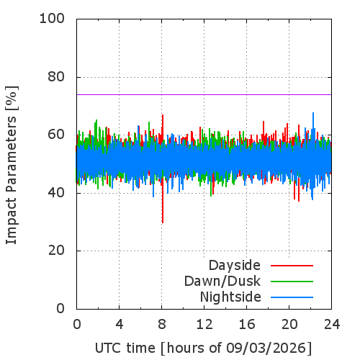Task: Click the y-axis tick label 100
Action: pos(52,19)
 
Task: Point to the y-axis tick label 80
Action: pos(56,77)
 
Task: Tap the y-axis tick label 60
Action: pos(56,135)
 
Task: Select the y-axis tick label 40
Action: pos(56,193)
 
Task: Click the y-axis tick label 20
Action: pos(56,251)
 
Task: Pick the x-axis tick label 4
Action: pos(120,325)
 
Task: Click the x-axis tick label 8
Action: pos(162,325)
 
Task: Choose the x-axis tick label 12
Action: pos(204,325)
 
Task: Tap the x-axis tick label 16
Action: pos(247,325)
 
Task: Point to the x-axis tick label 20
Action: pos(289,325)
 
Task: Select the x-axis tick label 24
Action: pos(332,325)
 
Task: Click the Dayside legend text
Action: pos(235,266)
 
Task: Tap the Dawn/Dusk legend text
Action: pos(222,281)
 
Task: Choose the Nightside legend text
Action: pos(230,297)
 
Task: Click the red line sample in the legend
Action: pos(292,266)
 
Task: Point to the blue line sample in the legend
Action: pos(292,297)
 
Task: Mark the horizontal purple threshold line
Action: pos(204,94)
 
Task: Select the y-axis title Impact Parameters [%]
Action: pos(12,165)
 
